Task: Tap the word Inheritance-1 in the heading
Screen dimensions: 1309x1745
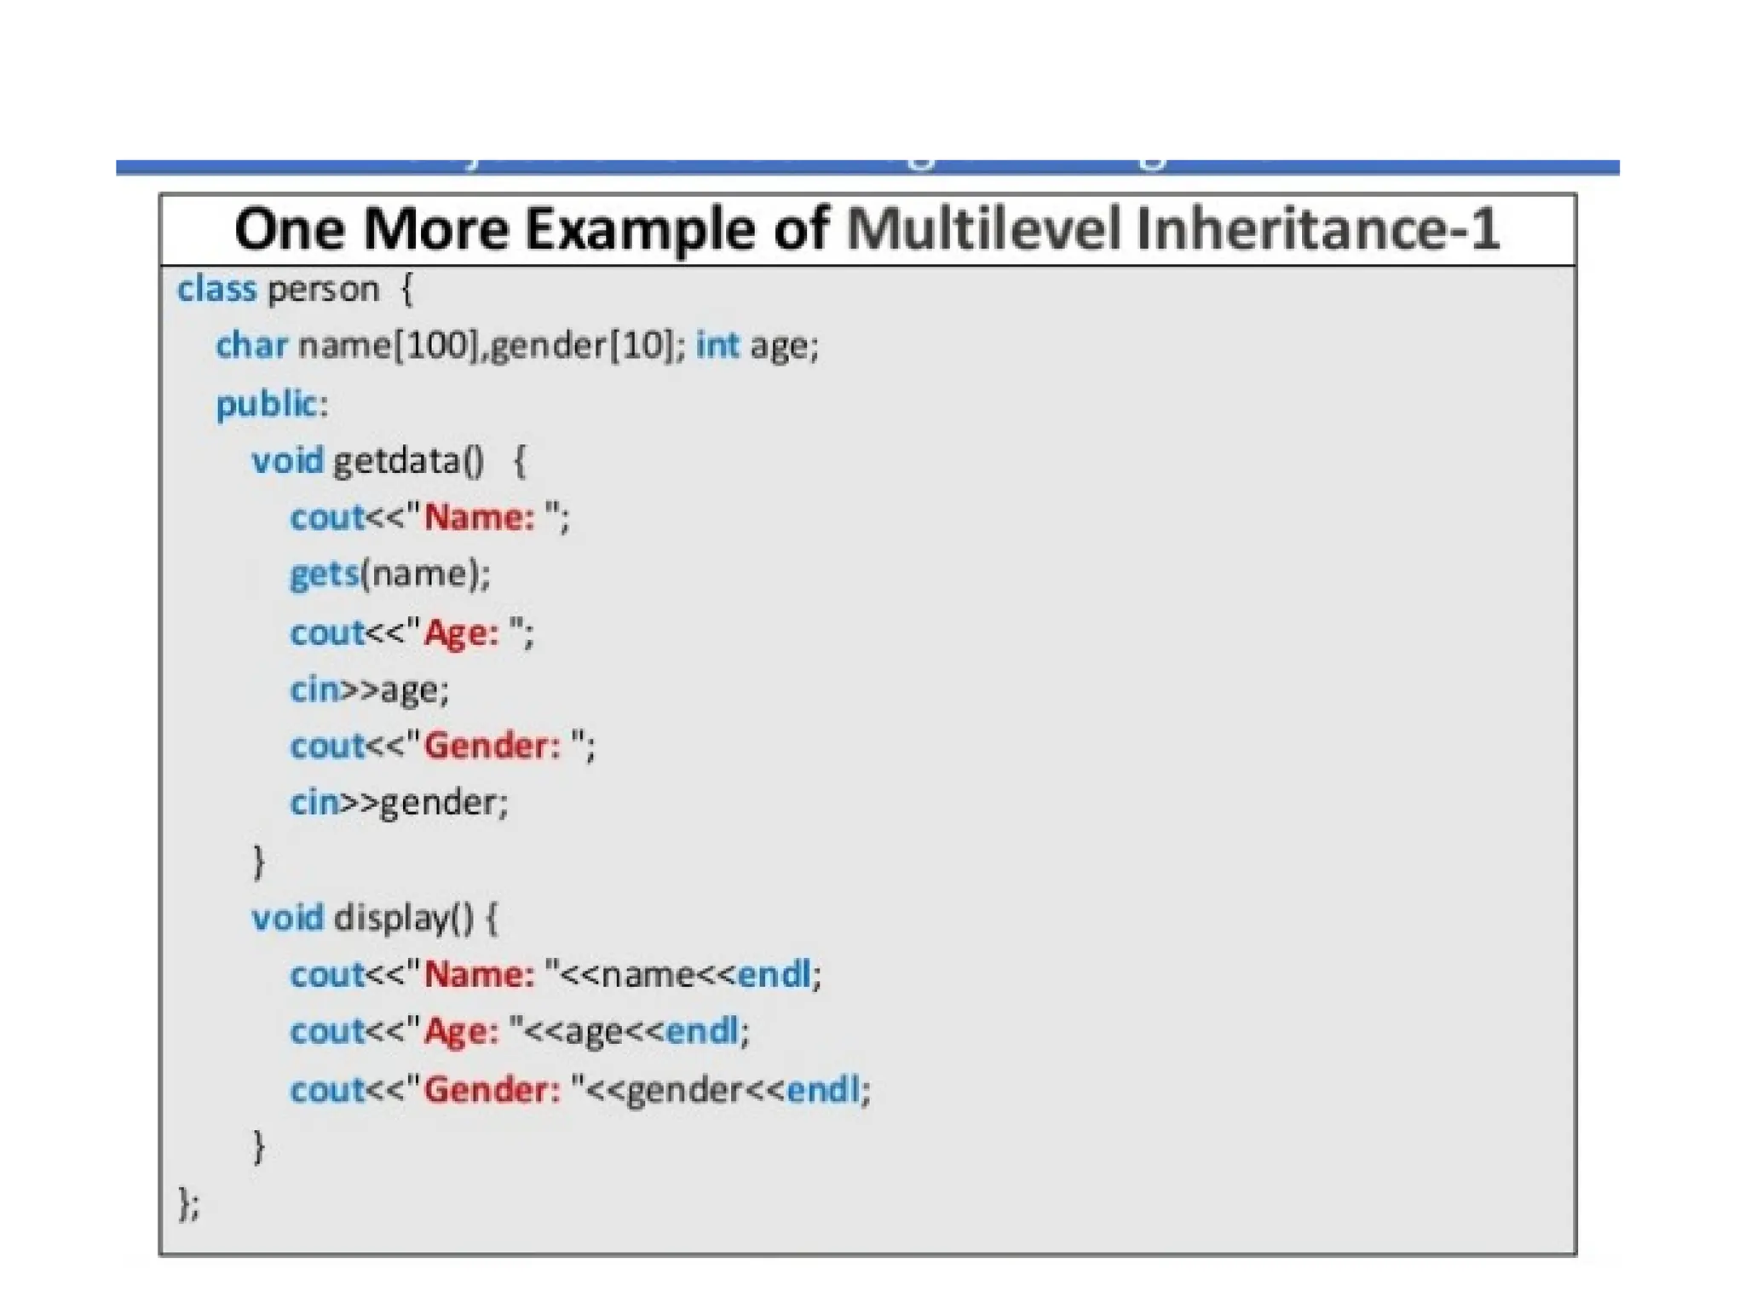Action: coord(1317,229)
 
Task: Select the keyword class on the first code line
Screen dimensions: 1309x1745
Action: coord(216,289)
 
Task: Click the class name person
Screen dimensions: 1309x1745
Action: coord(323,291)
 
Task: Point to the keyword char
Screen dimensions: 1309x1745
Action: coord(251,346)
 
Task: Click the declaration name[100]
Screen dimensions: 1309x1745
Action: coord(388,346)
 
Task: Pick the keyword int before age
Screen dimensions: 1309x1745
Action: coord(717,346)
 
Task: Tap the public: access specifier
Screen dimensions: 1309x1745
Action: coord(272,404)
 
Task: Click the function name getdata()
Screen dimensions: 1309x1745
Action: coord(408,461)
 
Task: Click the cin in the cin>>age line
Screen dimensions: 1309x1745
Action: coord(314,689)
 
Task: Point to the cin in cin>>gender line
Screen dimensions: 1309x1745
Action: coord(314,803)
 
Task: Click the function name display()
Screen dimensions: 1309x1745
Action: coord(403,918)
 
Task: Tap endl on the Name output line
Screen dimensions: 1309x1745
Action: coord(774,974)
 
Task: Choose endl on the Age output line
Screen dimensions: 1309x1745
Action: coord(702,1031)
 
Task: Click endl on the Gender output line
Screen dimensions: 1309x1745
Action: coord(823,1089)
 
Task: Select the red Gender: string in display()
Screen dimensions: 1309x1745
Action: coord(492,1089)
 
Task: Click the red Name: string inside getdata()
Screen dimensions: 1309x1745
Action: coord(480,517)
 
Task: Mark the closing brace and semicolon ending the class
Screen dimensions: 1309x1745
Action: coord(188,1203)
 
